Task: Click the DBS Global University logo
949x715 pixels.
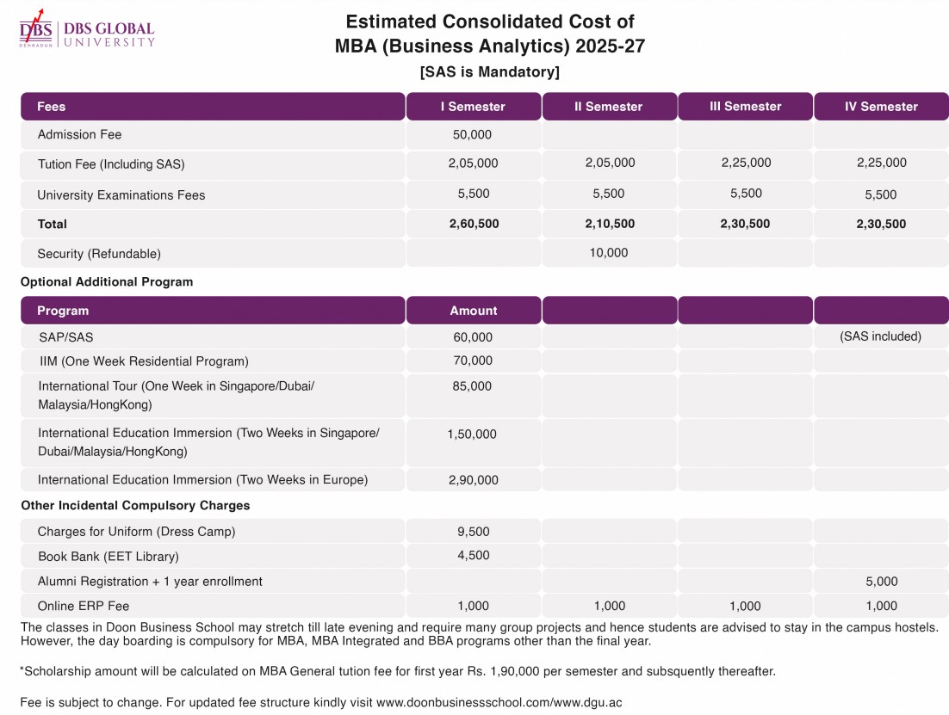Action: click(x=87, y=29)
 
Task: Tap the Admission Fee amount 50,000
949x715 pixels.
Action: click(x=472, y=135)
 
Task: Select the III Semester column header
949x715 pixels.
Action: click(x=745, y=107)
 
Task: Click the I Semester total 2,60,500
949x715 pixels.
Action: click(x=474, y=224)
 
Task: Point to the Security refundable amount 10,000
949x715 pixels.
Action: click(x=609, y=253)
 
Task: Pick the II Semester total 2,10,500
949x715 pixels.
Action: click(x=610, y=224)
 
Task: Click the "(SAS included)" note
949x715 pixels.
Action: click(x=881, y=336)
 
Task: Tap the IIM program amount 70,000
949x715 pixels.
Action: click(x=473, y=361)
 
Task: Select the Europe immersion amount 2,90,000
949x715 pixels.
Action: click(x=474, y=480)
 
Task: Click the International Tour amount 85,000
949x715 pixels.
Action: click(x=472, y=386)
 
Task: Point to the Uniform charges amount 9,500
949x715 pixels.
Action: click(x=474, y=532)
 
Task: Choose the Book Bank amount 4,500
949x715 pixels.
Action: click(x=474, y=555)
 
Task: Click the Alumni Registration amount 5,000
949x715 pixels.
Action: click(x=882, y=582)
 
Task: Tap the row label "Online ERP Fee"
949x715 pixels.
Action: click(x=84, y=606)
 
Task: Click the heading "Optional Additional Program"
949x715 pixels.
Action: click(x=107, y=282)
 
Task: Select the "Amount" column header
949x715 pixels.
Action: click(x=474, y=311)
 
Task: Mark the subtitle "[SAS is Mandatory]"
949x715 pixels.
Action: click(x=490, y=72)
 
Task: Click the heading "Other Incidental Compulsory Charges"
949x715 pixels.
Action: click(x=135, y=506)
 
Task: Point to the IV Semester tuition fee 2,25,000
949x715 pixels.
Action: click(x=882, y=163)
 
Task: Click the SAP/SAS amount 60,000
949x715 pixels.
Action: click(x=473, y=337)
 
